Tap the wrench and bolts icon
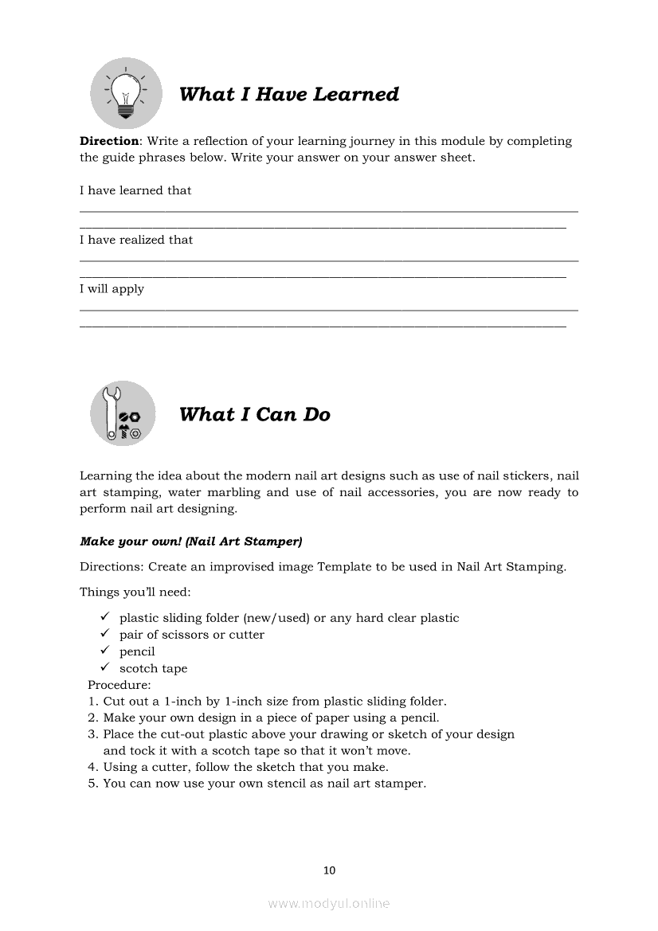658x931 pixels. pos(123,413)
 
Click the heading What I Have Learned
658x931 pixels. pos(288,94)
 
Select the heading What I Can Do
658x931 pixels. pos(254,414)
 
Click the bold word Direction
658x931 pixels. pos(109,141)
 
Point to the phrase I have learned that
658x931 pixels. pos(135,190)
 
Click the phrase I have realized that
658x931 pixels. pos(136,240)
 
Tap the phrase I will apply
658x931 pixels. pos(112,289)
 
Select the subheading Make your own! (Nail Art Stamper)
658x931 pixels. pos(190,542)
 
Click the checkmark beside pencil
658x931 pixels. pos(104,651)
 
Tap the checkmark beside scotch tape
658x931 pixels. pos(104,667)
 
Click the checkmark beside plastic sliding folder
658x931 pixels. pos(104,617)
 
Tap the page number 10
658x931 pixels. pos(330,870)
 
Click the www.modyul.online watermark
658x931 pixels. pos(329,903)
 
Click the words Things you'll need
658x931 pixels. pos(135,592)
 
